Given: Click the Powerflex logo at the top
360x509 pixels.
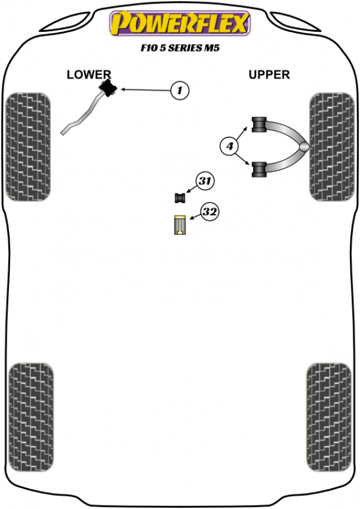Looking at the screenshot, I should (179, 24).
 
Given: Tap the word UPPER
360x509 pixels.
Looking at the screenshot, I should (269, 74).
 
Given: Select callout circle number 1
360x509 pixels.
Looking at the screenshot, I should (179, 91).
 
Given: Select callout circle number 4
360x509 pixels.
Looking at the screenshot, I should (229, 145).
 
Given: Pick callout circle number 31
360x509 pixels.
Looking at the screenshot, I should (205, 181).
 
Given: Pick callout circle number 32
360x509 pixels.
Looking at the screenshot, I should (209, 212).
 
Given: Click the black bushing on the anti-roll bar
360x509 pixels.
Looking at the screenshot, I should (108, 88).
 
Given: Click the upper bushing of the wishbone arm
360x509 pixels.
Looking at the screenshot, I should (259, 125).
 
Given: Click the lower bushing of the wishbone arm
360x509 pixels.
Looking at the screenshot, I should (259, 169).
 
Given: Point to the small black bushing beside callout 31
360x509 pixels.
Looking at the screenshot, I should (179, 197).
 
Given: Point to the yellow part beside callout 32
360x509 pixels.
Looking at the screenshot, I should (179, 224).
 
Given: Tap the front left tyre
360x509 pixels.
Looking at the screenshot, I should (28, 146).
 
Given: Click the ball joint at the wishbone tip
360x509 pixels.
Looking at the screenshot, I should (305, 146).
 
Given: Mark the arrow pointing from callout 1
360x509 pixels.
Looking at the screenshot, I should (144, 90).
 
